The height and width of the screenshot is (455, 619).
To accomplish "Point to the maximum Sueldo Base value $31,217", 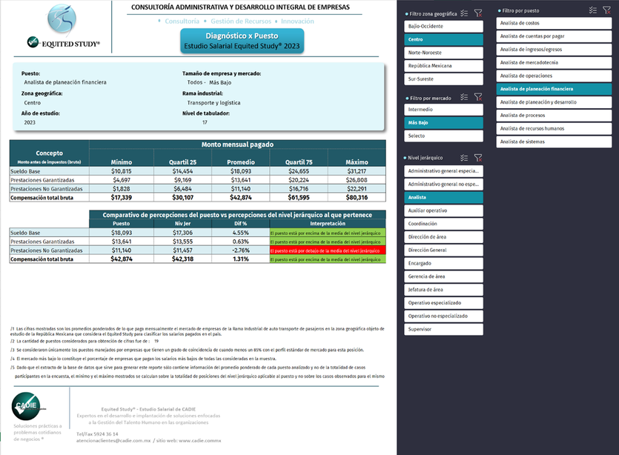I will [357, 171].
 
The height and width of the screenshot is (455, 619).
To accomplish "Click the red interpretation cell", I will [327, 250].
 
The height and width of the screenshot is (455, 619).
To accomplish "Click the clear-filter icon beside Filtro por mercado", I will [478, 97].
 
